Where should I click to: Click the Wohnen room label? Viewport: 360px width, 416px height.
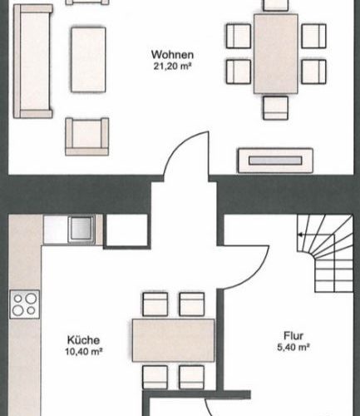click(172, 55)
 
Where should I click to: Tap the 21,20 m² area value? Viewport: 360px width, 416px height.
click(172, 67)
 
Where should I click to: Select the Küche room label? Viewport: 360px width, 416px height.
click(83, 340)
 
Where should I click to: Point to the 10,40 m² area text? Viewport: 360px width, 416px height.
click(84, 352)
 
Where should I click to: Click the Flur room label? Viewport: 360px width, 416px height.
click(293, 336)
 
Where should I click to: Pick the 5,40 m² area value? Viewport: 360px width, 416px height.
click(293, 347)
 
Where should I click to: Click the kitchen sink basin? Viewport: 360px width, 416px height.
click(81, 229)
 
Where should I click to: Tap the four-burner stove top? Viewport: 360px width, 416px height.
click(24, 304)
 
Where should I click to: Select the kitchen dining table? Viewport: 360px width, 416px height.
click(173, 340)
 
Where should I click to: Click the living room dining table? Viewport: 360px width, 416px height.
click(276, 54)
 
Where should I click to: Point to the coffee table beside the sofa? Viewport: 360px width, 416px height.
click(88, 60)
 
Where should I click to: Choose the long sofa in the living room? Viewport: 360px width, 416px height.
click(33, 62)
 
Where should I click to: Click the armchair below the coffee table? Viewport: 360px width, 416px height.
click(87, 136)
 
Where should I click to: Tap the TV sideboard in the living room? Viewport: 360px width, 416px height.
click(275, 161)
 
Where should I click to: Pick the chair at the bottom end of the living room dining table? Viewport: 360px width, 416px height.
click(275, 108)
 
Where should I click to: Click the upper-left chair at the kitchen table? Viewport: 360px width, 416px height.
click(155, 304)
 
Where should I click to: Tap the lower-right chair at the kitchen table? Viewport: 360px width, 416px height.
click(192, 377)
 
